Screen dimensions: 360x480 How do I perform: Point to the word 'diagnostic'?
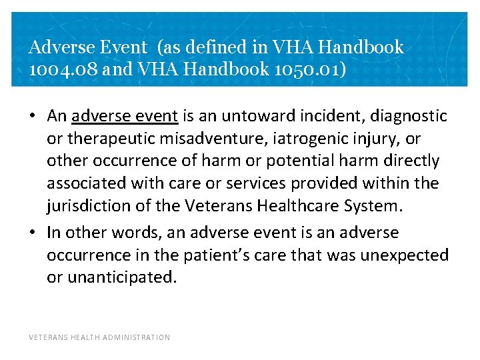(x=409, y=116)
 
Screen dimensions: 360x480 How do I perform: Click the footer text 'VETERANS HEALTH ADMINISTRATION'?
(x=99, y=337)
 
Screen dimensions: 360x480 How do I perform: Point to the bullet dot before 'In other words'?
(x=33, y=233)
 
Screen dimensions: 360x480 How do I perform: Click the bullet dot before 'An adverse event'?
(x=33, y=116)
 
